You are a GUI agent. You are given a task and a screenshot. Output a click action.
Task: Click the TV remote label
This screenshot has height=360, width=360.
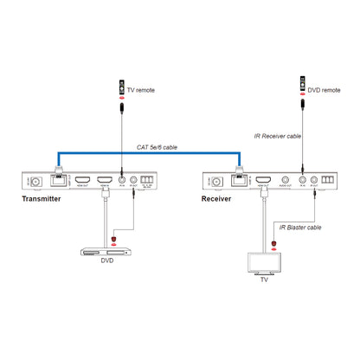click(x=142, y=88)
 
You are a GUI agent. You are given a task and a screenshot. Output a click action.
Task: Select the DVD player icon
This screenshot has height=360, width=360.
click(x=103, y=253)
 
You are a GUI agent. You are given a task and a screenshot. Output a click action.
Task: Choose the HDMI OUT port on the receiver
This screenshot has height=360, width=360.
click(x=258, y=180)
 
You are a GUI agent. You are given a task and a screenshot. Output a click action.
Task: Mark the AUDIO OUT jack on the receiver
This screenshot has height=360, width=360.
click(x=283, y=180)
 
